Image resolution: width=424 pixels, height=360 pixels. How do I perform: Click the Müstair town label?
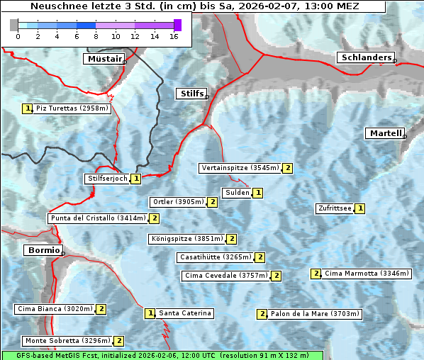104,59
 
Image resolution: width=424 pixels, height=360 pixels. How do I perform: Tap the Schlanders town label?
365,57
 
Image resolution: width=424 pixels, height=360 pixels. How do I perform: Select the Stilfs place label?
191,94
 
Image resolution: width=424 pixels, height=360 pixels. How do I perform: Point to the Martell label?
385,133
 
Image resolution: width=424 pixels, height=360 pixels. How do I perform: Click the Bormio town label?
43,250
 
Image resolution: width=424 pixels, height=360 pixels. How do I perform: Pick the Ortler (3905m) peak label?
177,202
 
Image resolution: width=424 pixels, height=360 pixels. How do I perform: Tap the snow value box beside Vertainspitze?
287,168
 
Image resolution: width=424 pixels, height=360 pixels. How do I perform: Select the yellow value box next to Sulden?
258,193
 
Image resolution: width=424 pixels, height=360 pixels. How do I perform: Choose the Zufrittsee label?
334,208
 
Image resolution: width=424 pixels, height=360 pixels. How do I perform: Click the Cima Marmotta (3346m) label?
356,274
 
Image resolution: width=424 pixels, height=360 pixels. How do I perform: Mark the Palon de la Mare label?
315,314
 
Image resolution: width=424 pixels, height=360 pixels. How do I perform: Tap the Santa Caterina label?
184,313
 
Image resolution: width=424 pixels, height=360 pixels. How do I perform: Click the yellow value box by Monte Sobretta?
119,341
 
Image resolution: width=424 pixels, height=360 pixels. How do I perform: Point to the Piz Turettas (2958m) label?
72,108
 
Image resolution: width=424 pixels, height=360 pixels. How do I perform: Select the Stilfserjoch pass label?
107,179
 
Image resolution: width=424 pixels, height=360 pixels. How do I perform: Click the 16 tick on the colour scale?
174,36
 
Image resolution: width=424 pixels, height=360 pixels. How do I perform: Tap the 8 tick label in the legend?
96,36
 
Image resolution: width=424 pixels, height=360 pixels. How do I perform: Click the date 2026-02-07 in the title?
272,6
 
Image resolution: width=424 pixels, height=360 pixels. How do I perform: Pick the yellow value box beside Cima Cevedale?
277,276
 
